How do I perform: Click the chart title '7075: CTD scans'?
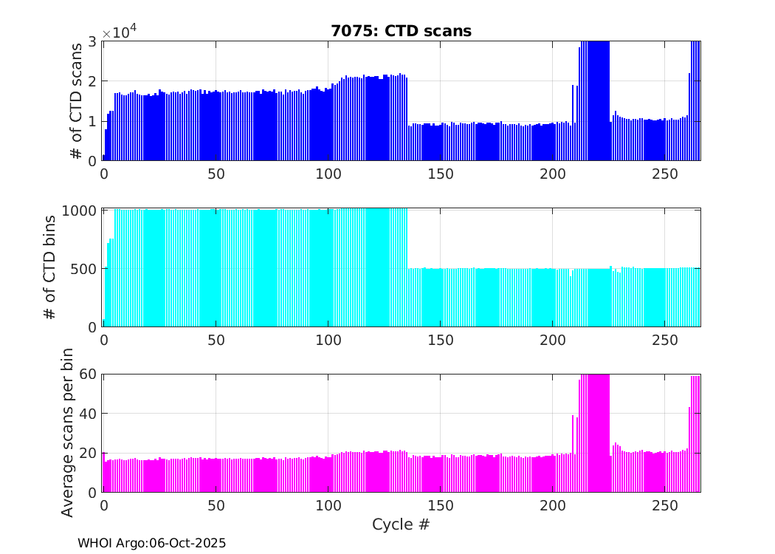(x=401, y=31)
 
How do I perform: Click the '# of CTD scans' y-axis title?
(x=75, y=101)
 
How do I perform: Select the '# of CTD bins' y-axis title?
(x=51, y=267)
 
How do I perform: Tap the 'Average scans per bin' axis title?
(x=67, y=432)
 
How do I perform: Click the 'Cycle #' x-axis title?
(x=401, y=525)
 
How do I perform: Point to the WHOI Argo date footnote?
(x=152, y=543)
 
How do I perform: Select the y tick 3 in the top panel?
(x=92, y=41)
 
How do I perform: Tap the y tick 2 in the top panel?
(x=92, y=81)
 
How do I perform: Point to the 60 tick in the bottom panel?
(x=89, y=374)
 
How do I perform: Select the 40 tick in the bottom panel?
(x=89, y=413)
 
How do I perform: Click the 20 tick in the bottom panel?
(x=89, y=453)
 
